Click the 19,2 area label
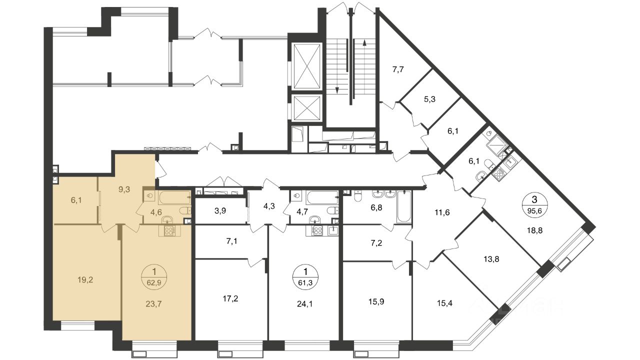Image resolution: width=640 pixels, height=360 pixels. [x=85, y=280]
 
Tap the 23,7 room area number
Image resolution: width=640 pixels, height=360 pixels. [x=153, y=304]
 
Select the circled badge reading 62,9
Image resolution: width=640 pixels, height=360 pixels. [x=154, y=277]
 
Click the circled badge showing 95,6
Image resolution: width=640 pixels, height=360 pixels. [x=534, y=205]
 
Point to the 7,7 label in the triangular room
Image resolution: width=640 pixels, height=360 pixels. [x=398, y=69]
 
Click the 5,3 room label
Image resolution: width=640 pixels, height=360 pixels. [x=429, y=99]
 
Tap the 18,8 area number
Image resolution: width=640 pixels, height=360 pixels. [x=534, y=230]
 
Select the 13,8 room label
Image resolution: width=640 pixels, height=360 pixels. [x=491, y=259]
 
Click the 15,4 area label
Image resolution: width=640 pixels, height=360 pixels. [x=444, y=303]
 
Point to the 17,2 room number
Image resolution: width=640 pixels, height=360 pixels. [x=230, y=299]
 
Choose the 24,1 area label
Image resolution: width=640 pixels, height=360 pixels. [x=305, y=304]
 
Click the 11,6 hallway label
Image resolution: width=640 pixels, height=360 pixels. [x=441, y=212]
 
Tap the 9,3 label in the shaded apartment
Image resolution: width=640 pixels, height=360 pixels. [x=124, y=189]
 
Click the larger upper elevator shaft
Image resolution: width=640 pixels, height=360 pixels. [x=307, y=66]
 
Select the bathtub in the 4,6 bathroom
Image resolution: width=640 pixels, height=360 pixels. [x=174, y=197]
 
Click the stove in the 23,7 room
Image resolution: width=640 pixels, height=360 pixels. [x=169, y=231]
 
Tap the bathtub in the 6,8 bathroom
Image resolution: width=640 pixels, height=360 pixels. [x=404, y=206]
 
